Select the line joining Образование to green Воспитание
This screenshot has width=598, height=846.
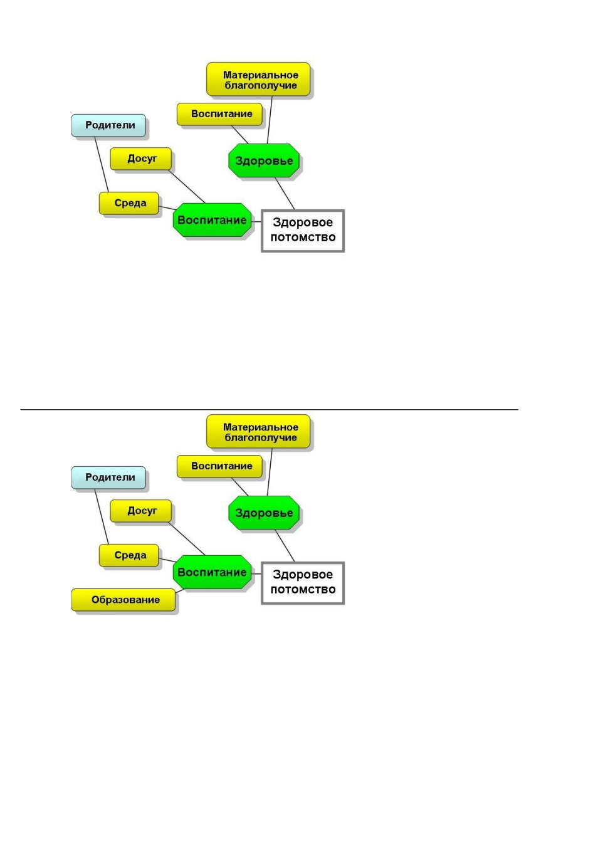(179, 591)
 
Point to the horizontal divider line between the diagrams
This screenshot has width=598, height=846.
(269, 409)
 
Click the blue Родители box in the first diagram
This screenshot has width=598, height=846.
(108, 125)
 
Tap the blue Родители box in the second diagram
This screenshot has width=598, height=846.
(108, 478)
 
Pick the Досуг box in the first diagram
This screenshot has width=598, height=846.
(140, 159)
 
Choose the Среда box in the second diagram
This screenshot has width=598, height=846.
(129, 556)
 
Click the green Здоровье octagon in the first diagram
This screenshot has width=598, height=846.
(264, 160)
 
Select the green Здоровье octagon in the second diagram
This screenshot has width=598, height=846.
(264, 513)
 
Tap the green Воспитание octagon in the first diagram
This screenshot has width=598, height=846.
(212, 220)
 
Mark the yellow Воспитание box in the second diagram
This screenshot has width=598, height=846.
(219, 466)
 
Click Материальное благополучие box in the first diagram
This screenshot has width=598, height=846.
(258, 80)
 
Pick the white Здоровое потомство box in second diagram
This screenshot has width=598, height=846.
(303, 583)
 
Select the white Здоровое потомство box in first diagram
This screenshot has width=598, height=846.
(303, 231)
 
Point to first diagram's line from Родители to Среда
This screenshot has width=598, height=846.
(102, 164)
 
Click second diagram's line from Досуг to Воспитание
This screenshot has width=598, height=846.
(187, 539)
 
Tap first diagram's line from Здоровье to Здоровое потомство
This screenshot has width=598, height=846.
(285, 194)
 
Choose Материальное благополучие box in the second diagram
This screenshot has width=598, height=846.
(258, 431)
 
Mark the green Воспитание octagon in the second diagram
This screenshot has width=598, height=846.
(212, 572)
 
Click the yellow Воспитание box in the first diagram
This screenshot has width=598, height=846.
(219, 114)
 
